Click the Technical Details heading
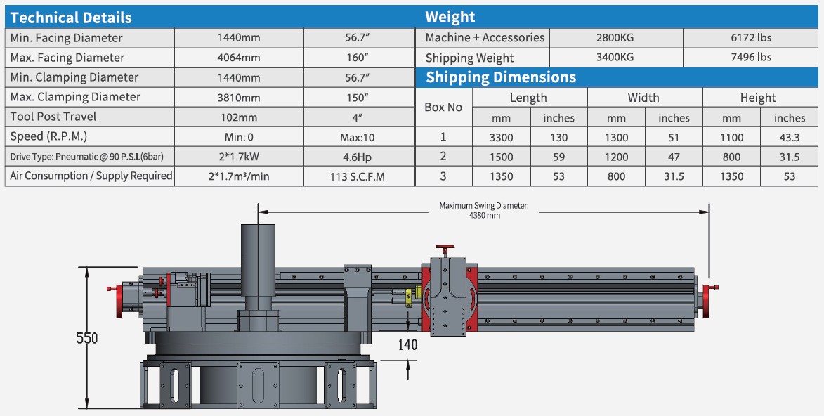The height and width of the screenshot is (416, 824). tap(71, 18)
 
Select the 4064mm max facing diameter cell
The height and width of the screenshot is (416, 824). tap(239, 58)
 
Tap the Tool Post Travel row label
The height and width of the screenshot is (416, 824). tap(53, 117)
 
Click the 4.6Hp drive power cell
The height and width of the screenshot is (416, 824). tap(358, 156)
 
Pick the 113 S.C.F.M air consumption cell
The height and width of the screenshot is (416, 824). tap(358, 176)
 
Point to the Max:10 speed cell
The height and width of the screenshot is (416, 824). tap(358, 137)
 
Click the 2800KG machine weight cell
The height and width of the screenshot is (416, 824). tap(615, 38)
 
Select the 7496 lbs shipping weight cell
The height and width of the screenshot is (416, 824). tap(750, 58)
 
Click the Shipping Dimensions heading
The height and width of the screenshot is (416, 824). tap(501, 77)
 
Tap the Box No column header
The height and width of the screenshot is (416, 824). tap(444, 108)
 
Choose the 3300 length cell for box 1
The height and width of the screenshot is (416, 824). tap(501, 138)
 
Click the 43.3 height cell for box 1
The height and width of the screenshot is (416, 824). tap(790, 138)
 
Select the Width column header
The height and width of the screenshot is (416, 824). tap(643, 98)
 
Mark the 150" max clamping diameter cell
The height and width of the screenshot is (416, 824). tap(358, 97)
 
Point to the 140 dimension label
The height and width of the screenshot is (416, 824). tap(407, 344)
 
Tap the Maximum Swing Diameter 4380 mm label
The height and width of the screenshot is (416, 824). tap(483, 210)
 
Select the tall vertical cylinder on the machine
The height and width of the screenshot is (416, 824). tap(259, 264)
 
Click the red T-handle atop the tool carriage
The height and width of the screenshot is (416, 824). tap(444, 249)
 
